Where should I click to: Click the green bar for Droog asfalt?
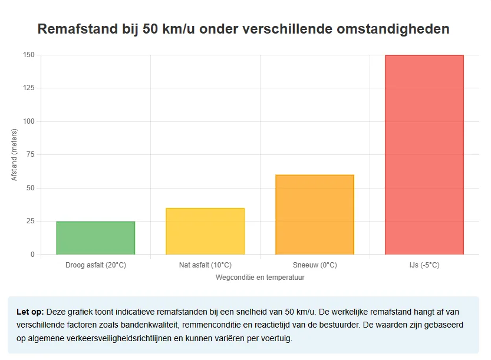coord(95,238)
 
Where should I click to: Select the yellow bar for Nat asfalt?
coord(205,232)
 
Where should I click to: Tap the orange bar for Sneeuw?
coord(315,215)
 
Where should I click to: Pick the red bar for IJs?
coord(424,155)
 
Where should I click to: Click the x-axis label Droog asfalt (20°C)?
coord(95,265)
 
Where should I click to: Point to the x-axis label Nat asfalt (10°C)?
coord(205,265)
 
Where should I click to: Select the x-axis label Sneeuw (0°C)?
coord(315,265)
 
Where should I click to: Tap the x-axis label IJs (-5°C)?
coord(424,265)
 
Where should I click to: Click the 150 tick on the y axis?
coord(29,55)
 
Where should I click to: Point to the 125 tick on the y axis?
coord(29,88)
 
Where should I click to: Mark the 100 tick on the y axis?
coord(29,121)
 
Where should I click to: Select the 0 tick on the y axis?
coord(32,255)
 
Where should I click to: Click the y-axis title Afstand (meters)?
coord(15,154)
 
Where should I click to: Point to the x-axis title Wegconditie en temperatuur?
coord(260,277)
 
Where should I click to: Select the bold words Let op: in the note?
coord(30,311)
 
